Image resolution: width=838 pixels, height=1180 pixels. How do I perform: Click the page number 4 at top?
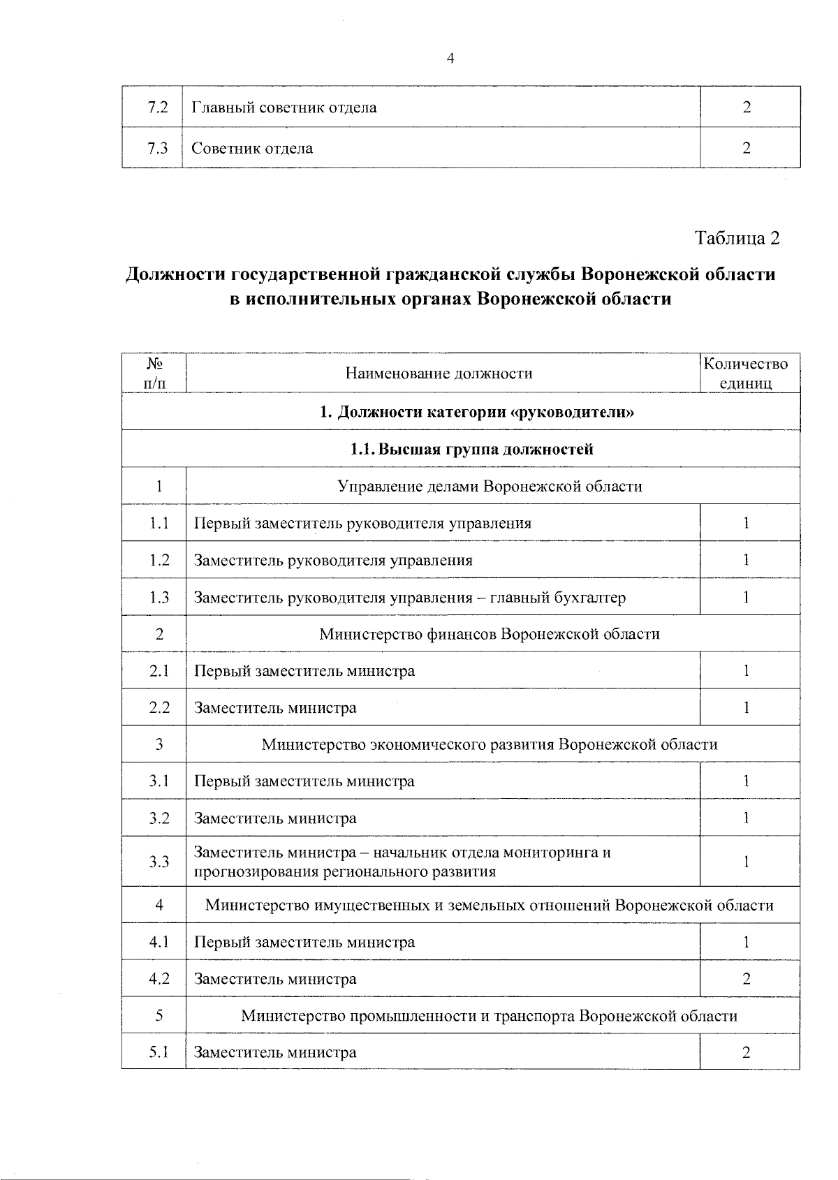point(450,59)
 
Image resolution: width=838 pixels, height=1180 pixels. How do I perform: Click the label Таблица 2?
point(737,238)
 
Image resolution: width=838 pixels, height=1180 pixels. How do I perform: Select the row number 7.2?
point(159,108)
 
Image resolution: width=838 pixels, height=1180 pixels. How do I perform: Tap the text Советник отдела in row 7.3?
point(252,148)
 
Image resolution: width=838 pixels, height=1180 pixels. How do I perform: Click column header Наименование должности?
point(439,374)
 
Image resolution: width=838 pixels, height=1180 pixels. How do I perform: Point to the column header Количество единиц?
point(745,374)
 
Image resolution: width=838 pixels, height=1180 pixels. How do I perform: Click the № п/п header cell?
point(155,374)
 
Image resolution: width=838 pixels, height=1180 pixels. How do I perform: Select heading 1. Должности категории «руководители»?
point(477,412)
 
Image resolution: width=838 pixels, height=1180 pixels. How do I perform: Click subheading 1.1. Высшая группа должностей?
point(471,449)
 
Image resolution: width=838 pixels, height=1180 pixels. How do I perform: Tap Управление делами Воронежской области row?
point(490,486)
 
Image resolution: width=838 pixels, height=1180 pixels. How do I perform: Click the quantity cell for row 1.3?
point(747,597)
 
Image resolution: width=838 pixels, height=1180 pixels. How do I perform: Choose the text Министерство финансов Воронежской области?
point(490,634)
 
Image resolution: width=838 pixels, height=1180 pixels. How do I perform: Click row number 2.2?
point(159,707)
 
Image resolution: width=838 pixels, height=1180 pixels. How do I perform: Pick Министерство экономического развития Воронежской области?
point(490,744)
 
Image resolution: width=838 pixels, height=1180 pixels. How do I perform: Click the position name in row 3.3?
point(402,862)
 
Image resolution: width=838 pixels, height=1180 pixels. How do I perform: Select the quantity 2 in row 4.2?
point(747,979)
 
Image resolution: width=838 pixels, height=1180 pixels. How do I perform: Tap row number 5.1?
point(159,1052)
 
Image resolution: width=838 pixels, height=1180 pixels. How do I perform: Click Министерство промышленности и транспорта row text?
point(490,1016)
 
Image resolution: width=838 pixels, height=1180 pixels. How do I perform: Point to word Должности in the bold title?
point(175,274)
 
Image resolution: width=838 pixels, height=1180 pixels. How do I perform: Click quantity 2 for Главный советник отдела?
point(747,108)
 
